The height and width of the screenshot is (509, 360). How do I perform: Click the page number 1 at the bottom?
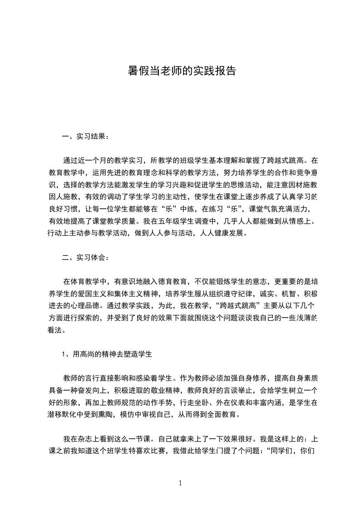pyautogui.click(x=180, y=483)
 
